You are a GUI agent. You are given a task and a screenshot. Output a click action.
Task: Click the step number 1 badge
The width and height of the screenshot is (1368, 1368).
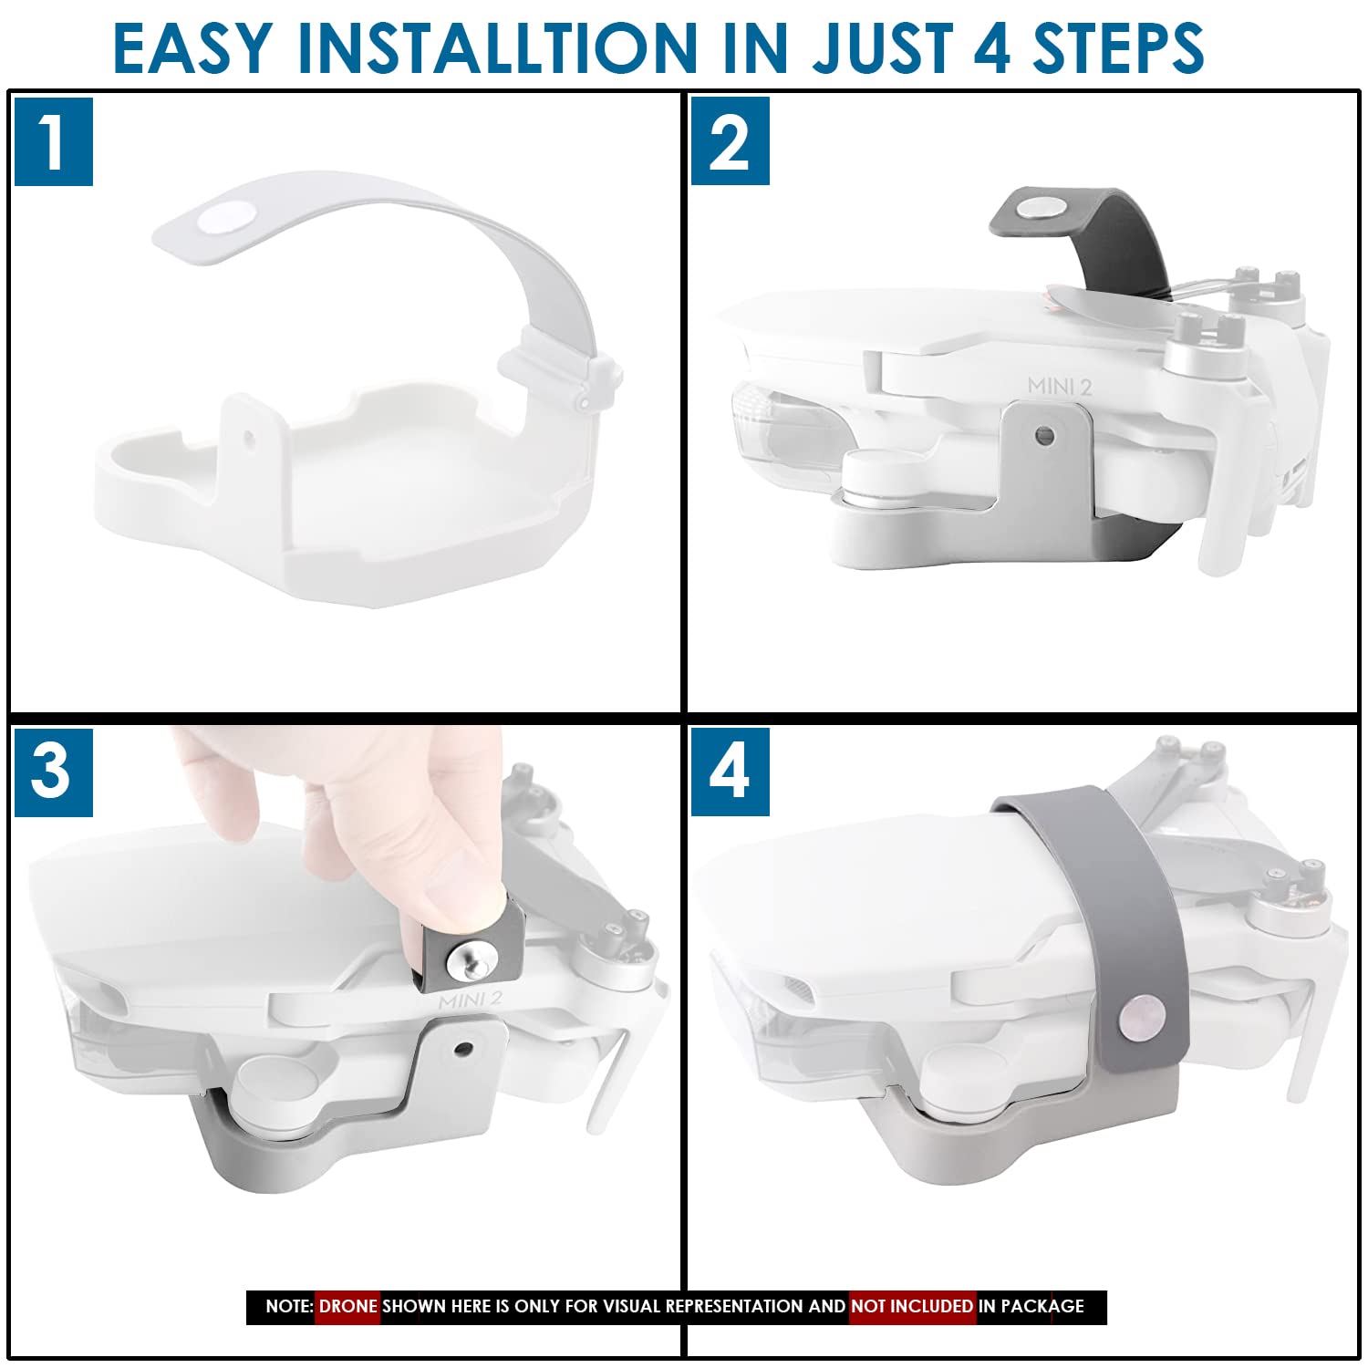[54, 142]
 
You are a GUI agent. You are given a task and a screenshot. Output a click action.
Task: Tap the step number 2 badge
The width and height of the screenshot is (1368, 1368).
[730, 141]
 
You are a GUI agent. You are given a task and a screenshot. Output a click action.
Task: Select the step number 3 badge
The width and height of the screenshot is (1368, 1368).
[54, 772]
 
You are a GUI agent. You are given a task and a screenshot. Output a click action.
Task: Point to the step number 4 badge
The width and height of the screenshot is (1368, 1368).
[730, 772]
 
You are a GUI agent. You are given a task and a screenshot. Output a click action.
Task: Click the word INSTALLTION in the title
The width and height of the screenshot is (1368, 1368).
[498, 47]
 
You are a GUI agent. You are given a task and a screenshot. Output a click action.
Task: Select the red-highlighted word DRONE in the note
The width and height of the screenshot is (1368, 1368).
[347, 1306]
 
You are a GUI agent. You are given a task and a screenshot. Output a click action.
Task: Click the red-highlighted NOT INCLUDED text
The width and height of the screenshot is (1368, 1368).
[912, 1306]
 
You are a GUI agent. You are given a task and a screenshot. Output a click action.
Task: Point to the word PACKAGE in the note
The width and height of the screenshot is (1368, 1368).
[1042, 1306]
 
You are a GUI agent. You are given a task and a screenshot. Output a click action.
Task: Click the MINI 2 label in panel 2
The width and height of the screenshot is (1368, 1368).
[1059, 386]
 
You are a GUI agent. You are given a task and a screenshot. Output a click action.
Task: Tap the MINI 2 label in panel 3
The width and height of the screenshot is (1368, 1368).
[470, 1000]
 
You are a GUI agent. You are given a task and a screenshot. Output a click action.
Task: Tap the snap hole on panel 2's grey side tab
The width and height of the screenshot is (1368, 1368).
[1046, 436]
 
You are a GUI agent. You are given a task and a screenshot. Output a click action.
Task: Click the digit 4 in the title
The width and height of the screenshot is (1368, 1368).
[991, 47]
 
